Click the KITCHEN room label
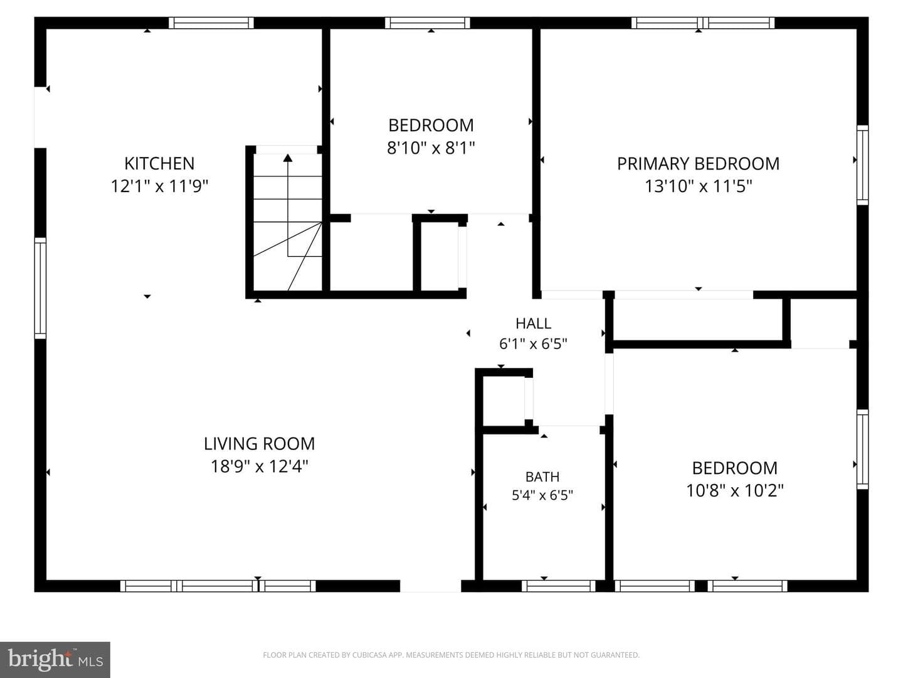click(x=159, y=163)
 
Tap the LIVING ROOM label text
click(x=259, y=444)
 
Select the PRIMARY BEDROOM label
click(x=698, y=164)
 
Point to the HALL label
click(x=533, y=323)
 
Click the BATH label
click(x=542, y=476)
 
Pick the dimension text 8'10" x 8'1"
click(x=431, y=148)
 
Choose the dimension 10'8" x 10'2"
click(x=735, y=490)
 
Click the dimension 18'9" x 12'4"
click(x=259, y=466)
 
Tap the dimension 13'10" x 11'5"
click(x=698, y=186)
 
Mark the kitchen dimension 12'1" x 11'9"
click(x=159, y=186)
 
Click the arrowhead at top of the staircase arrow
click(x=288, y=158)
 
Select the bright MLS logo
click(x=55, y=660)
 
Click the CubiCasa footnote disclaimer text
click(x=451, y=655)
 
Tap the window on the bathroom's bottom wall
click(x=559, y=586)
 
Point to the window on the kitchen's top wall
click(x=211, y=23)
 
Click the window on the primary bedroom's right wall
click(x=863, y=164)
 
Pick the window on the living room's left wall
click(x=40, y=288)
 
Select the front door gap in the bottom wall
click(x=430, y=586)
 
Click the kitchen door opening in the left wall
click(x=40, y=117)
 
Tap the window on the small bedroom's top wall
click(x=428, y=23)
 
